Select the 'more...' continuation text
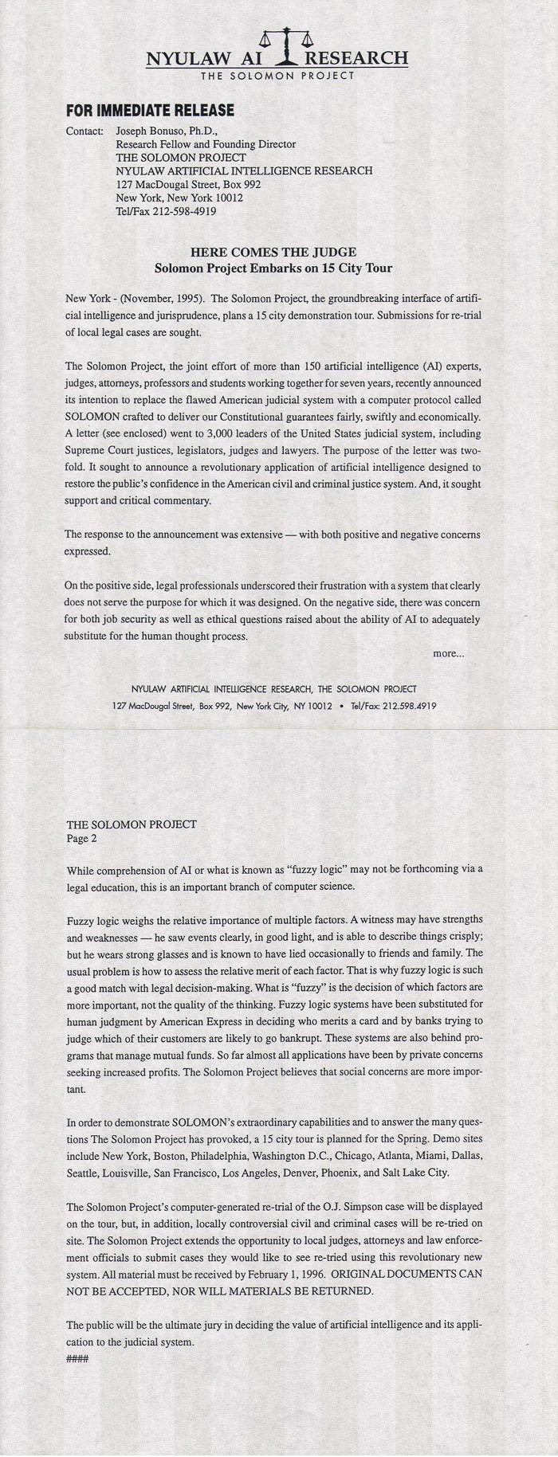point(448,653)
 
